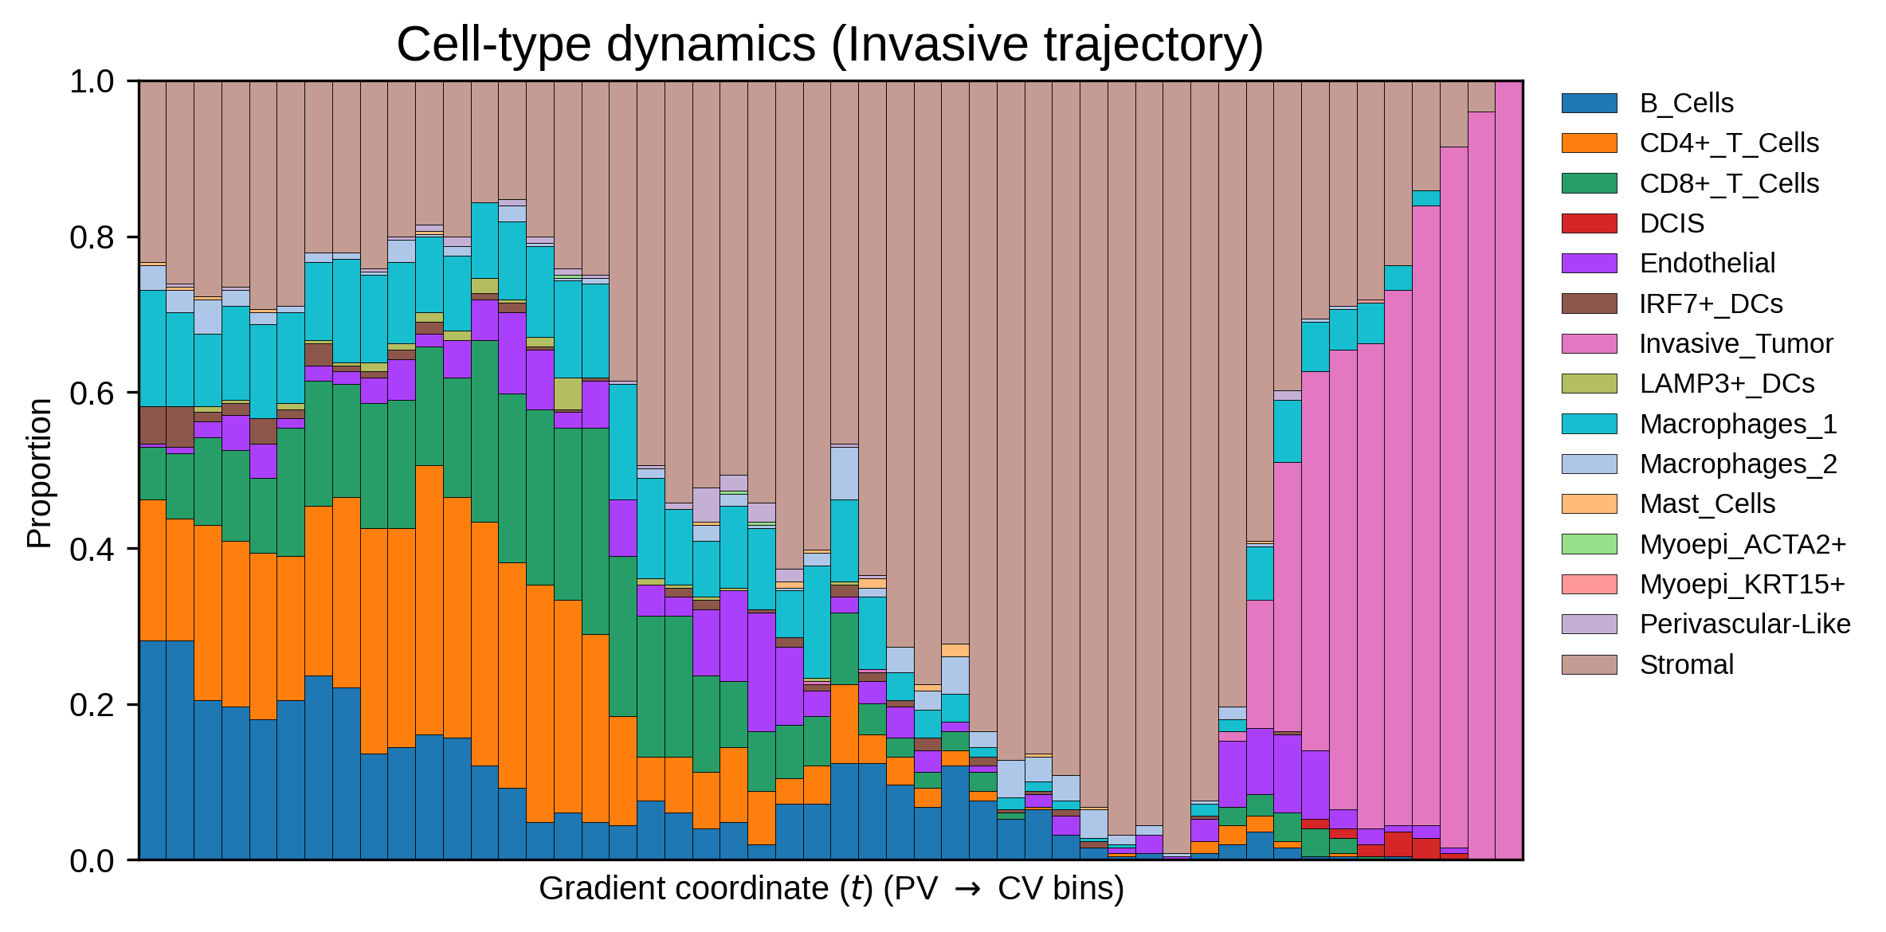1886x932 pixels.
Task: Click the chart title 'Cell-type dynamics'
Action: click(x=606, y=45)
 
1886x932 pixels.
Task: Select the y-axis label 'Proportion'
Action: click(x=39, y=473)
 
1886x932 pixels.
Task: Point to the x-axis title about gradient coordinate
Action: click(x=831, y=888)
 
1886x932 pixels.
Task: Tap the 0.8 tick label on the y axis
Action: click(x=92, y=237)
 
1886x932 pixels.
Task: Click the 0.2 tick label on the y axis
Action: click(x=92, y=705)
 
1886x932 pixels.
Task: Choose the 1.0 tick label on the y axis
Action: click(x=92, y=81)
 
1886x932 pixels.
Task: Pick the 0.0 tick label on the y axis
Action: click(x=92, y=861)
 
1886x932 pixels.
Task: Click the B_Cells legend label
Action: click(x=1686, y=104)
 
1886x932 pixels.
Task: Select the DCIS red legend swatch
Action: click(x=1590, y=223)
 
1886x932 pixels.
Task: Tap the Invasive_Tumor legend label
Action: click(x=1736, y=344)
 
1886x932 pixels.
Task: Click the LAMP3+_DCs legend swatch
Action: click(x=1590, y=384)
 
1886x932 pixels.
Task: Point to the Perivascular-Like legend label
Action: click(x=1745, y=624)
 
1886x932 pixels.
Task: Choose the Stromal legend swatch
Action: click(x=1590, y=664)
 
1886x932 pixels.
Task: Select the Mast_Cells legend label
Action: click(x=1708, y=504)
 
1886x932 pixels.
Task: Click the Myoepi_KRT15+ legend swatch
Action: click(x=1590, y=584)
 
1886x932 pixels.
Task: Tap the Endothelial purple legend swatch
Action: click(x=1590, y=264)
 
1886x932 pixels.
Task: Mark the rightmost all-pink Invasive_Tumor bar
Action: click(x=1509, y=470)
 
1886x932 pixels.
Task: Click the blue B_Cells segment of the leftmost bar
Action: click(x=152, y=750)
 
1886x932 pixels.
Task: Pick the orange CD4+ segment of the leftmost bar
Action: click(x=152, y=570)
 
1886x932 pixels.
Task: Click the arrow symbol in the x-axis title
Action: click(x=968, y=889)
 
